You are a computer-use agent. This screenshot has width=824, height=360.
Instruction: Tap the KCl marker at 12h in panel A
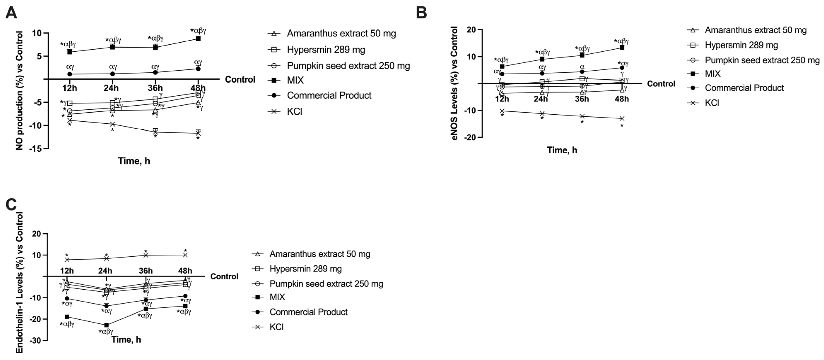[x=69, y=120]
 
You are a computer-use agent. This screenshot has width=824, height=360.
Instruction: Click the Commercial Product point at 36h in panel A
[x=155, y=72]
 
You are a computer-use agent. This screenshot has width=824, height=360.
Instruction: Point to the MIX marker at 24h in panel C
[x=106, y=325]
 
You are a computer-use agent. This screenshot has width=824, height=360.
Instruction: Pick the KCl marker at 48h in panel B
[x=622, y=118]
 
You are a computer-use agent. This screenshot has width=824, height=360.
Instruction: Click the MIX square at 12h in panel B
[x=502, y=66]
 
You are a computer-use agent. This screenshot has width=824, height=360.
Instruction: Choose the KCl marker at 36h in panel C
[x=146, y=255]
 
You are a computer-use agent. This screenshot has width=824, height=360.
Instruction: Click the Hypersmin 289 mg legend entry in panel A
[x=326, y=49]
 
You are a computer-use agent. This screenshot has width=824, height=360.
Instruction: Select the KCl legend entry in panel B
[x=712, y=103]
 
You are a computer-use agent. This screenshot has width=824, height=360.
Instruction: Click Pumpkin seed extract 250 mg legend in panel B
[x=762, y=60]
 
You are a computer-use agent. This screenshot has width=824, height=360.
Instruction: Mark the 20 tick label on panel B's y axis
[x=472, y=30]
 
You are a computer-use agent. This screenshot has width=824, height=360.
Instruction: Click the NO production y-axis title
[x=20, y=90]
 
